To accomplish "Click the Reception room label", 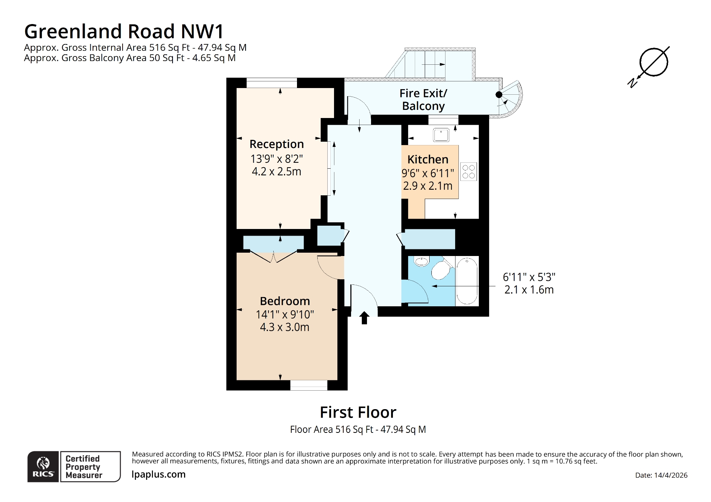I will [x=276, y=144].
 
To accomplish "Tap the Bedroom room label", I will [x=284, y=301].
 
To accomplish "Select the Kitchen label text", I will [x=428, y=159].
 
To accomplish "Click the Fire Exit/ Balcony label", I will [x=423, y=100].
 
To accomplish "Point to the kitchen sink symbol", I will [x=441, y=135].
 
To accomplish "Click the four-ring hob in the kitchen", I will [x=468, y=172].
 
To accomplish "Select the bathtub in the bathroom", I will [x=467, y=281].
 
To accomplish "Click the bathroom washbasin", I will [x=421, y=262].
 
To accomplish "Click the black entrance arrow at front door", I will [x=364, y=318].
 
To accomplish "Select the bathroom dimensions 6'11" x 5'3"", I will [x=529, y=277].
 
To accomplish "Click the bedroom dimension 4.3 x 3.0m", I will [x=284, y=327].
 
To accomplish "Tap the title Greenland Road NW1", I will [x=124, y=31].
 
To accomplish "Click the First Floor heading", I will [x=358, y=412].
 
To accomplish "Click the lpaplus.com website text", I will [x=158, y=474].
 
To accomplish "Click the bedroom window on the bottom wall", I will [x=308, y=385].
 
